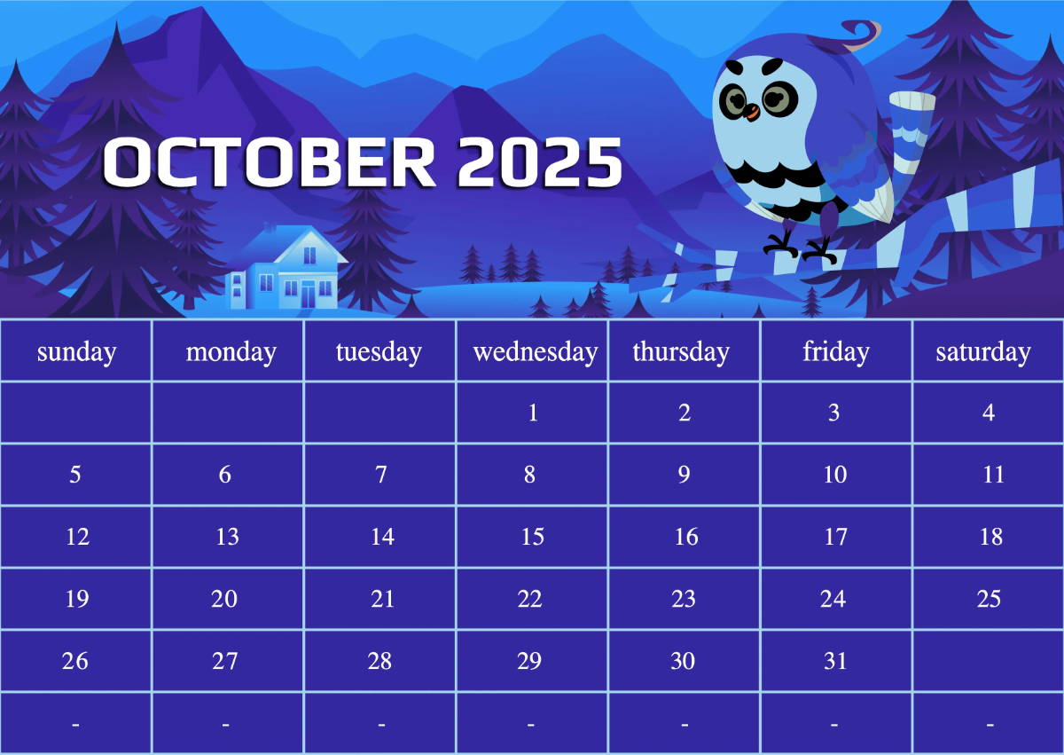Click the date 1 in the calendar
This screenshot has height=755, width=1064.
(x=533, y=413)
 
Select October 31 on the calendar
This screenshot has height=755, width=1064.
(x=835, y=661)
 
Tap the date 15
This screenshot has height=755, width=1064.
(x=532, y=537)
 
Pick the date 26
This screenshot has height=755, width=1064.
(x=75, y=661)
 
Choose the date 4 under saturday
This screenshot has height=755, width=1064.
(x=988, y=413)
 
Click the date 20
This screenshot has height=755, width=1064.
(x=224, y=599)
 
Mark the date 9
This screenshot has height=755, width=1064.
(x=684, y=475)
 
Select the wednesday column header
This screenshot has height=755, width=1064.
(x=536, y=352)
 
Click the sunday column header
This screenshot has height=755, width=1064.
(x=77, y=352)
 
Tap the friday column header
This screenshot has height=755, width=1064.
(x=835, y=352)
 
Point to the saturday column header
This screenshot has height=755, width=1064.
(x=983, y=352)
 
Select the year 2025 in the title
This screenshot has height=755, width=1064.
(x=540, y=162)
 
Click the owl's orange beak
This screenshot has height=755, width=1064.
(x=750, y=113)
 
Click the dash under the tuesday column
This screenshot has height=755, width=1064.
(x=381, y=725)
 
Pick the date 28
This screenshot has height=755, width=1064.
(x=379, y=661)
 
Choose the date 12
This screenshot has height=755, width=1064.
(x=78, y=537)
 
